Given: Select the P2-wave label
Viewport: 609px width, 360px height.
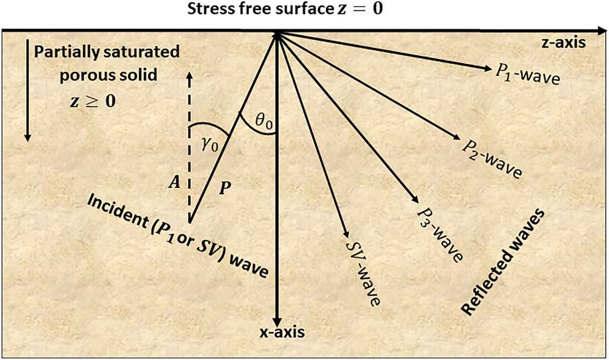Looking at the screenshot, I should click(x=491, y=156).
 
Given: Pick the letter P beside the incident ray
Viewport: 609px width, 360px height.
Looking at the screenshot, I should click(x=225, y=187).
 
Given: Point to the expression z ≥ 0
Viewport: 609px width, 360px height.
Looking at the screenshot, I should click(x=93, y=101).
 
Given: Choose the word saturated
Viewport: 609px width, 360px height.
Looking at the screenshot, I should click(x=146, y=52).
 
